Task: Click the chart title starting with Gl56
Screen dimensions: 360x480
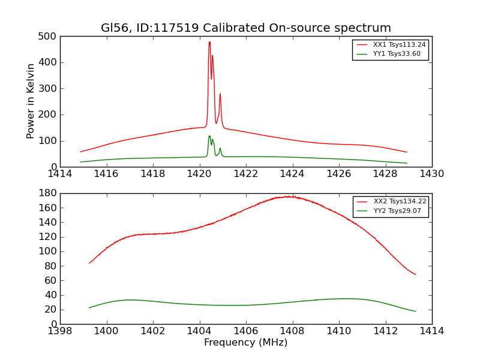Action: coord(246,28)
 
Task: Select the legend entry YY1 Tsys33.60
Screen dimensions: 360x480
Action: coord(397,54)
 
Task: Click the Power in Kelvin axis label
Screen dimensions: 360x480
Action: coord(31,101)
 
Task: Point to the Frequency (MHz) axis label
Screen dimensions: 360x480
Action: coord(246,343)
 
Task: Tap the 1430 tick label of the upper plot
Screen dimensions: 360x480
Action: coord(431,174)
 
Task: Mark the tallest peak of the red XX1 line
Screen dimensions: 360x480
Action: coord(209,42)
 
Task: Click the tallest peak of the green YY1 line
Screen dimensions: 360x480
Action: coord(209,136)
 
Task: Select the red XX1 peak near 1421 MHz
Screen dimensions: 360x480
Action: coord(220,94)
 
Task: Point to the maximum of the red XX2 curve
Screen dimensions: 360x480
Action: coord(289,196)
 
